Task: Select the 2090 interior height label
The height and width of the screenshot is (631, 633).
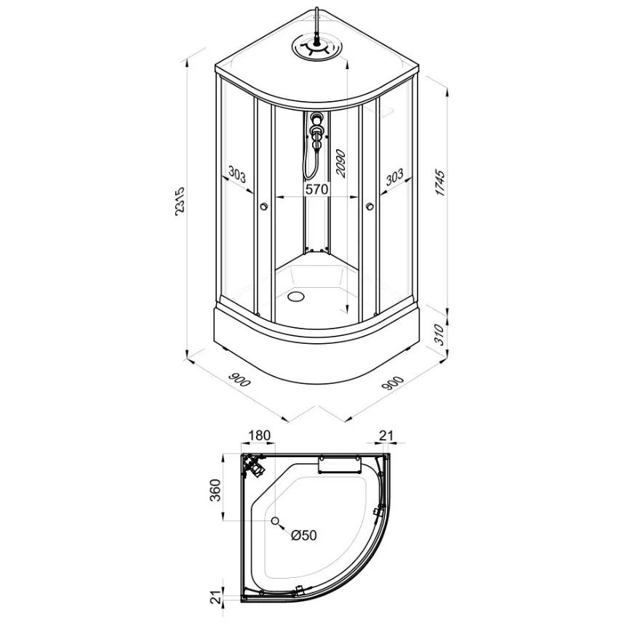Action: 341,164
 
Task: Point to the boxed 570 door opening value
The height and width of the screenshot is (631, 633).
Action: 317,188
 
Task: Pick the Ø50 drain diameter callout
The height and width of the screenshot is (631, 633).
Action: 304,535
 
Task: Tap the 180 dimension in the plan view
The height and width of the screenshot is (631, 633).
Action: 259,435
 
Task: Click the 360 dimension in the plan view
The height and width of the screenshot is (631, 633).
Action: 216,490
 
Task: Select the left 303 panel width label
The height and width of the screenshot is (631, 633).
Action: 237,174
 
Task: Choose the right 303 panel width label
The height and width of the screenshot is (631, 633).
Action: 394,177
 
